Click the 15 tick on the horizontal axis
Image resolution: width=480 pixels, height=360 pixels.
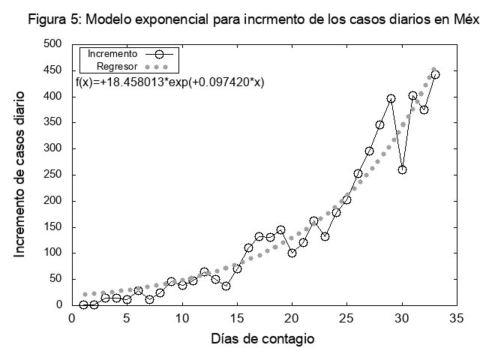(x=237, y=318)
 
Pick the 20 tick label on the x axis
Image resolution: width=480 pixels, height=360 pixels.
(x=292, y=318)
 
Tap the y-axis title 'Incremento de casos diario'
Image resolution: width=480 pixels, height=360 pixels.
(x=20, y=174)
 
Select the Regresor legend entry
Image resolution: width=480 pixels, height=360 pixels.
(x=117, y=66)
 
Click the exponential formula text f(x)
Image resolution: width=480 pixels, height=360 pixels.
(x=170, y=82)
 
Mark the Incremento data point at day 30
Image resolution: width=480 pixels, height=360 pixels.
(x=402, y=169)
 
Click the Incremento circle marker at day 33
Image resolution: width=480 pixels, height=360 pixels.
(x=435, y=74)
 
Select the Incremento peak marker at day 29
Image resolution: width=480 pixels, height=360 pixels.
(x=391, y=98)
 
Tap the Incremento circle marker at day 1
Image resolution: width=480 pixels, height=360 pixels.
(x=83, y=304)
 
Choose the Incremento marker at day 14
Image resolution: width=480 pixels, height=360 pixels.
(x=226, y=286)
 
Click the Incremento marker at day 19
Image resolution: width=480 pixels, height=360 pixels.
(x=280, y=229)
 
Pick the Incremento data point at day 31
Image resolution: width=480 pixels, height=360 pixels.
(x=413, y=95)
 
